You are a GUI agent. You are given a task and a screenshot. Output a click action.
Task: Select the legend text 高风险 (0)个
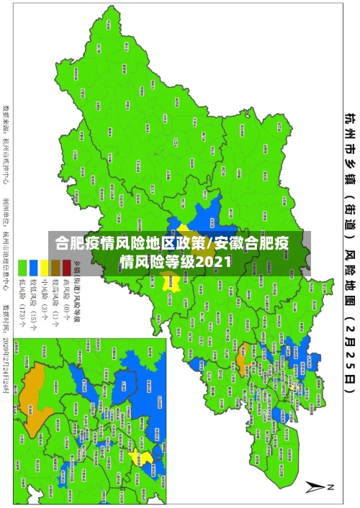pyautogui.click(x=68, y=291)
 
